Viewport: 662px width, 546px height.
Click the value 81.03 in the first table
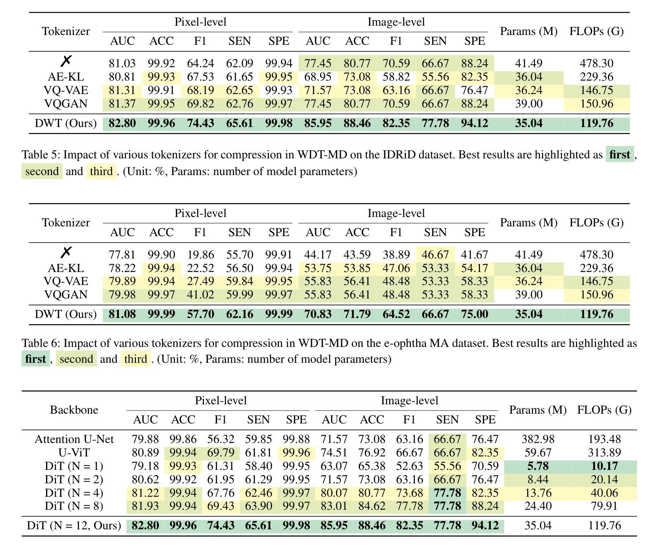coord(122,64)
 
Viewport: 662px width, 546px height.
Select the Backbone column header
coord(74,410)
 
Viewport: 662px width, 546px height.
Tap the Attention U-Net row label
coord(74,439)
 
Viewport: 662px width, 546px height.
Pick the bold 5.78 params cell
coord(537,466)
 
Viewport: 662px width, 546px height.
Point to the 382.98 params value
coord(537,439)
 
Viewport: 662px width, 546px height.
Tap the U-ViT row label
coord(74,453)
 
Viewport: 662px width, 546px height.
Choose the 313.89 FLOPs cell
coord(604,453)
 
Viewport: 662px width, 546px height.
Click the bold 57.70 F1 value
coord(200,314)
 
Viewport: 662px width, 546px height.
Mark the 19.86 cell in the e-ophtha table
coord(200,255)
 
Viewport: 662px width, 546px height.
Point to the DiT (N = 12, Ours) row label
coord(74,526)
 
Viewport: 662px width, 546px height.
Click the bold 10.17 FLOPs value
coord(604,466)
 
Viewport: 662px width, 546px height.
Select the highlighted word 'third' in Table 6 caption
coord(136,359)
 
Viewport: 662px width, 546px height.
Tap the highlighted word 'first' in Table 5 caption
coord(620,155)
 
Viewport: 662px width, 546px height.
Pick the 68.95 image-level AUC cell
coord(318,77)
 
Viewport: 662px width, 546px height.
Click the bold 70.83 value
coord(318,314)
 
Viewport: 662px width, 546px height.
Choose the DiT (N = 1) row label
coord(74,466)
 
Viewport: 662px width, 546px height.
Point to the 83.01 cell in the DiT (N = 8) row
coord(334,506)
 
